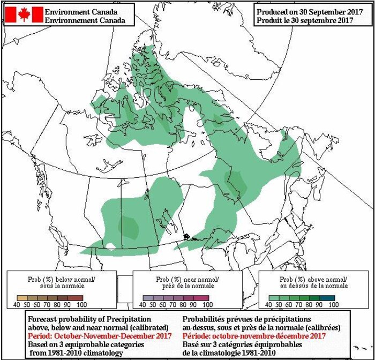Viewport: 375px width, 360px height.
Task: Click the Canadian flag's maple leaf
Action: click(24, 14)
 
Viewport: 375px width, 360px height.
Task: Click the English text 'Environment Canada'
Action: click(81, 11)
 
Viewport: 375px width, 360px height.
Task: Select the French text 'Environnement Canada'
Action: click(85, 20)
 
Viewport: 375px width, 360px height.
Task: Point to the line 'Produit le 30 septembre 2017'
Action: click(305, 20)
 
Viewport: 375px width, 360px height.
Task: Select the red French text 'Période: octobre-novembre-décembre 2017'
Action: click(254, 335)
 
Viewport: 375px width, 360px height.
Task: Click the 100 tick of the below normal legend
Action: click(81, 304)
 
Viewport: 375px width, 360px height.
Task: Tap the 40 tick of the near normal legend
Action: click(142, 304)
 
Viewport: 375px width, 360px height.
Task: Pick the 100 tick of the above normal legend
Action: click(333, 304)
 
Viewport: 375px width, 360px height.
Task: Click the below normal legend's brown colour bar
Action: click(48, 297)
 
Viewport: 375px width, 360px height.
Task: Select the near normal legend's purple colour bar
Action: click(175, 297)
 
